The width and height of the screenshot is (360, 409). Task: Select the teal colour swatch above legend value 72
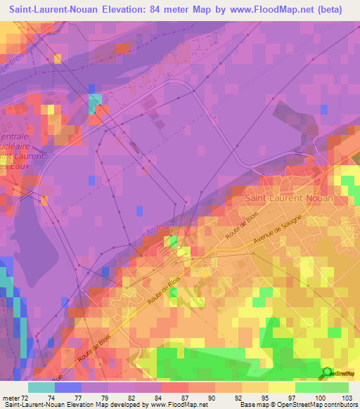(x=41, y=387)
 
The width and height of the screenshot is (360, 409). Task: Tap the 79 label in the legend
(x=108, y=398)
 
